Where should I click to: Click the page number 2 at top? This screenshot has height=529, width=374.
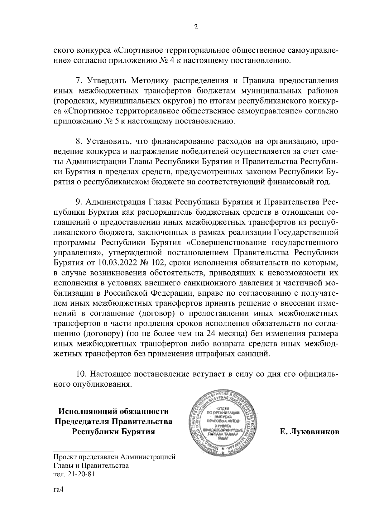(196, 27)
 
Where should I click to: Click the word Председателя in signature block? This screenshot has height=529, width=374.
(83, 422)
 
